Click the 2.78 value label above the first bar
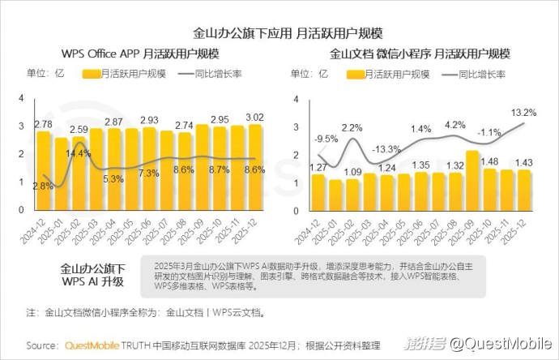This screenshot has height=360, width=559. click(x=43, y=124)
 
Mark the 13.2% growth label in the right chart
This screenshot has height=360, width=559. click(x=524, y=112)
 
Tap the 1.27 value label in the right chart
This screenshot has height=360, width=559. click(x=318, y=168)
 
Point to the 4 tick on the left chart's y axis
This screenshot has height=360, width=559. click(x=23, y=99)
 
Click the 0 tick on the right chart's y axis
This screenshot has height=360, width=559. click(x=297, y=210)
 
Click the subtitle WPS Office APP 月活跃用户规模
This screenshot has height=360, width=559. click(x=140, y=54)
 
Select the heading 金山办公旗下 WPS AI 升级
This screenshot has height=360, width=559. click(x=92, y=275)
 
